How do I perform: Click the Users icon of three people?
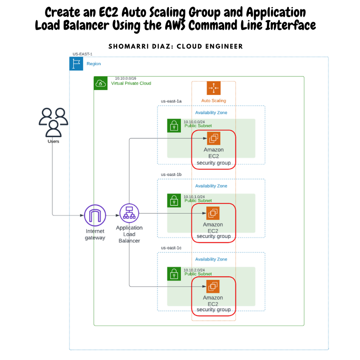point(53,122)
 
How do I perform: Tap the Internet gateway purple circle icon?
point(95,216)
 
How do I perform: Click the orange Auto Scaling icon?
point(213,88)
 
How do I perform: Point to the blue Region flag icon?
point(76,63)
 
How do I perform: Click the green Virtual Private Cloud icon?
point(100,83)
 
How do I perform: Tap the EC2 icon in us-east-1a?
point(213,139)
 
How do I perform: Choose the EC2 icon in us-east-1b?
point(213,213)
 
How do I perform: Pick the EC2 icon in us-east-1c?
point(213,286)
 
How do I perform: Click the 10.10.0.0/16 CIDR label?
point(126,78)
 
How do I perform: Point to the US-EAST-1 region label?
point(82,54)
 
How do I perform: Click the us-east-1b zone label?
point(171,174)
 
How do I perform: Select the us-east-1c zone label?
point(171,248)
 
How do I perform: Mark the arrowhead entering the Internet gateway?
point(82,216)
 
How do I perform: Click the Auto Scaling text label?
point(213,101)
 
